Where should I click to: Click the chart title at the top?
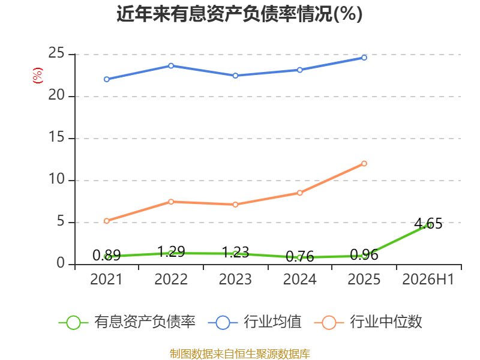pyautogui.click(x=239, y=14)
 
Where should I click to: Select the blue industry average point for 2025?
pyautogui.click(x=364, y=58)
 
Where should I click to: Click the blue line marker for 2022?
pyautogui.click(x=171, y=66)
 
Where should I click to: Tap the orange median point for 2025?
pyautogui.click(x=364, y=163)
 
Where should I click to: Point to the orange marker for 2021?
pyautogui.click(x=107, y=221)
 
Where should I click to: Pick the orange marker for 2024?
pyautogui.click(x=299, y=193)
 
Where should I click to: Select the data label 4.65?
pyautogui.click(x=428, y=223)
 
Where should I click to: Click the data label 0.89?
pyautogui.click(x=107, y=256)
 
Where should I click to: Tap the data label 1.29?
pyautogui.click(x=171, y=251)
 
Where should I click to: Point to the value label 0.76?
pyautogui.click(x=299, y=256)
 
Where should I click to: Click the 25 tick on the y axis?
pyautogui.click(x=56, y=53)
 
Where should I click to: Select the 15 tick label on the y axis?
pyautogui.click(x=56, y=137)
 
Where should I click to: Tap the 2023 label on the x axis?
pyautogui.click(x=235, y=279)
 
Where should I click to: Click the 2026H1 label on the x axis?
pyautogui.click(x=428, y=279)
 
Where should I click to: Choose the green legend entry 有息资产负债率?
pyautogui.click(x=127, y=322)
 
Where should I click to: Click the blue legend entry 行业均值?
pyautogui.click(x=254, y=322)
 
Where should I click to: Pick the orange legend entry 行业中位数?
pyautogui.click(x=368, y=322)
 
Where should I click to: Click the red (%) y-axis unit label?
pyautogui.click(x=38, y=76)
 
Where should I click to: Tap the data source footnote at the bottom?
pyautogui.click(x=239, y=353)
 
